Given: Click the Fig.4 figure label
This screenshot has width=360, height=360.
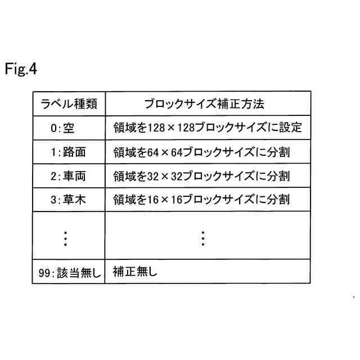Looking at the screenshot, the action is coord(21,70).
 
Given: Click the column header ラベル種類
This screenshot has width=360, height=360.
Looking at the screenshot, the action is coord(68,105).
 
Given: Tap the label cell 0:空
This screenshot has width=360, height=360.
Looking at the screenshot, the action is coord(62,128).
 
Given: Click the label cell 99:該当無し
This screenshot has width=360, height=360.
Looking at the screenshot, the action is coord(68,273).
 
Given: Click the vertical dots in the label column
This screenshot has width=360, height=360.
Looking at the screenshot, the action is coord(65,238).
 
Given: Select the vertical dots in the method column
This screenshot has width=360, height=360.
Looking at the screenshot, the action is coord(203,238).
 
